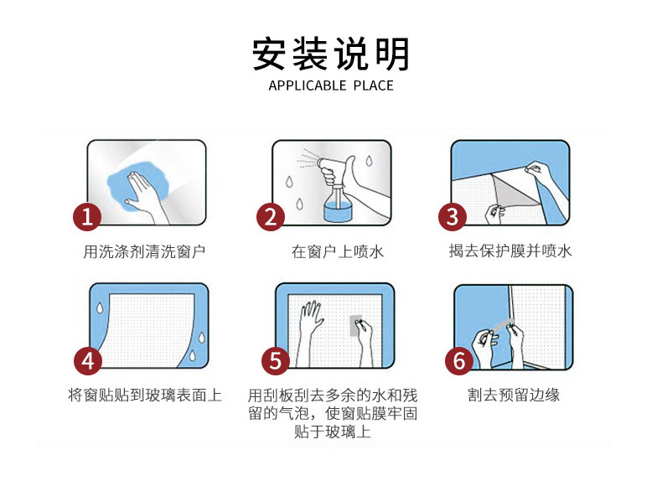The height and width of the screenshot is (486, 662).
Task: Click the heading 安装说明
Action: pyautogui.click(x=330, y=54)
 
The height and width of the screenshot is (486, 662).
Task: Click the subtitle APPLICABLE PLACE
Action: pyautogui.click(x=330, y=85)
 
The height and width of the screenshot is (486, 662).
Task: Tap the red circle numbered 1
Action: pyautogui.click(x=87, y=217)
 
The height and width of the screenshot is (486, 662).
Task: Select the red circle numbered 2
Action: pyautogui.click(x=270, y=217)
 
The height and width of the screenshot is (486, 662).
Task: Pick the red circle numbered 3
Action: pyautogui.click(x=453, y=217)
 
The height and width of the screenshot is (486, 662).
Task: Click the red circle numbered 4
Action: pyautogui.click(x=88, y=361)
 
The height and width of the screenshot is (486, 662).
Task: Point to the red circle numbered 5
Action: pyautogui.click(x=275, y=361)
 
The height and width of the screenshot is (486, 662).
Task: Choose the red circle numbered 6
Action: pyautogui.click(x=459, y=361)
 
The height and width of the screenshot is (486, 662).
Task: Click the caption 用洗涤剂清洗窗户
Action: pyautogui.click(x=144, y=251)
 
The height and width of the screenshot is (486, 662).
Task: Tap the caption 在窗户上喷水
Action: pyautogui.click(x=338, y=251)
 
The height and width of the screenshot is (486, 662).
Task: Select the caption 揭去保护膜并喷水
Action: pyautogui.click(x=510, y=251)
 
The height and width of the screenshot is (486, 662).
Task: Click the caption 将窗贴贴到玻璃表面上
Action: pyautogui.click(x=145, y=396)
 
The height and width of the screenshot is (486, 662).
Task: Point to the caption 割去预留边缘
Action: pyautogui.click(x=514, y=396)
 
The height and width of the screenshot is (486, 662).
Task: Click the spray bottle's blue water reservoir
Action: pyautogui.click(x=337, y=211)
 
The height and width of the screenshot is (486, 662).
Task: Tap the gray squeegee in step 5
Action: pyautogui.click(x=356, y=325)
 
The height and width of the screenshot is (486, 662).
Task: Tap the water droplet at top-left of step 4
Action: pyautogui.click(x=100, y=308)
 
